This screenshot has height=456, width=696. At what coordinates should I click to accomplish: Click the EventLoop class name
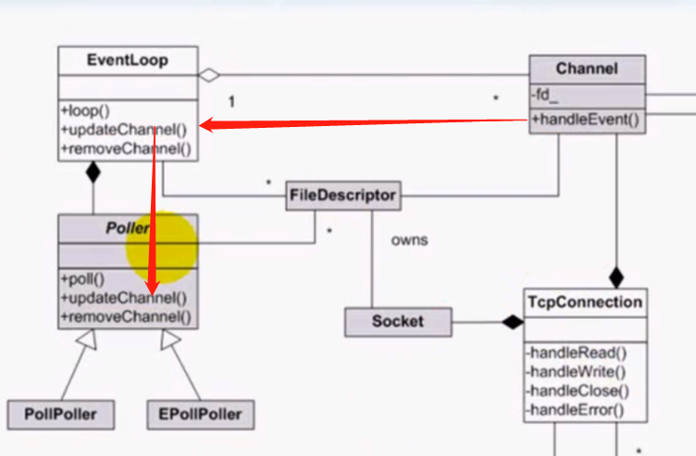click(x=127, y=60)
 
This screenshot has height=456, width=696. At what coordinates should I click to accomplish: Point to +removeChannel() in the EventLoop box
click(x=126, y=146)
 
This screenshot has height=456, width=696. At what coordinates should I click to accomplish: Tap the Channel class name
click(x=587, y=69)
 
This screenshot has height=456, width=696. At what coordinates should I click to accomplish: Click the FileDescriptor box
click(x=343, y=196)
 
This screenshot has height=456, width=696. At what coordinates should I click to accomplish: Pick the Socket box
click(x=397, y=322)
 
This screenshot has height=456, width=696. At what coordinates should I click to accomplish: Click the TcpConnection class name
click(x=584, y=302)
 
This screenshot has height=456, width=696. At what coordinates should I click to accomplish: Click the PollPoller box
click(x=61, y=414)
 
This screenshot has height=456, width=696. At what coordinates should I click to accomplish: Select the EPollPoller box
click(x=199, y=414)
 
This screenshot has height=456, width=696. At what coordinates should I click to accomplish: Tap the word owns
click(x=409, y=240)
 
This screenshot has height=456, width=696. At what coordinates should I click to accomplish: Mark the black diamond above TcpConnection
click(x=615, y=276)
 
